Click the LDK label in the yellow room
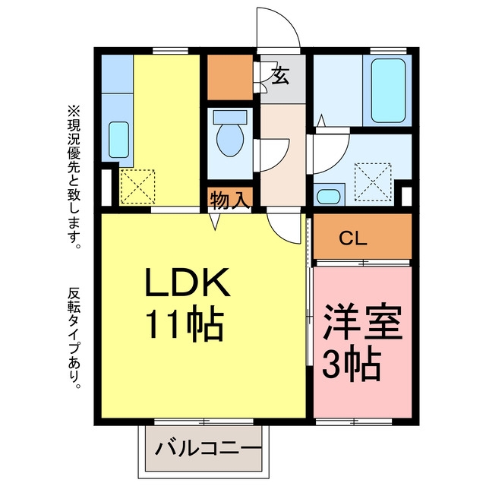[x=188, y=282]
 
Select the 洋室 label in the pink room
[x=362, y=321]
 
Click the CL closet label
[x=353, y=238]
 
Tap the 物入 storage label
[x=229, y=200]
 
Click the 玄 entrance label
[x=280, y=75]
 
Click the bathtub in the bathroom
[x=388, y=90]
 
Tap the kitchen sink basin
[x=118, y=140]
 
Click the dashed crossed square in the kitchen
[x=137, y=187]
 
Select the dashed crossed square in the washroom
[x=373, y=182]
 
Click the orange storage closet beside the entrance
[x=229, y=77]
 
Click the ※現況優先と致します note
[x=74, y=178]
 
